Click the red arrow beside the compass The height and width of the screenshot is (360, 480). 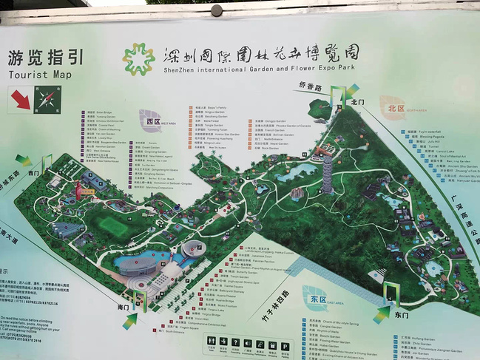20,99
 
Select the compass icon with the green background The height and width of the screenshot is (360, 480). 47,98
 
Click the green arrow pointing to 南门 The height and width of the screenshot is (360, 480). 131,319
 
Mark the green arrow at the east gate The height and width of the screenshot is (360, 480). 382,313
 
